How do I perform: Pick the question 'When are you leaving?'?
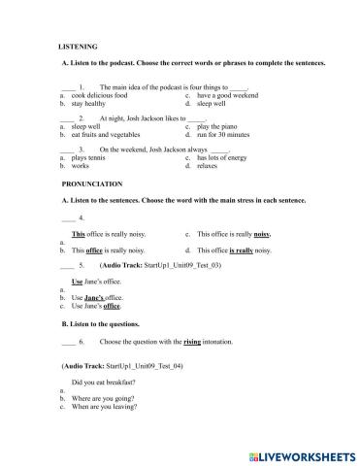click(x=110, y=408)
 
